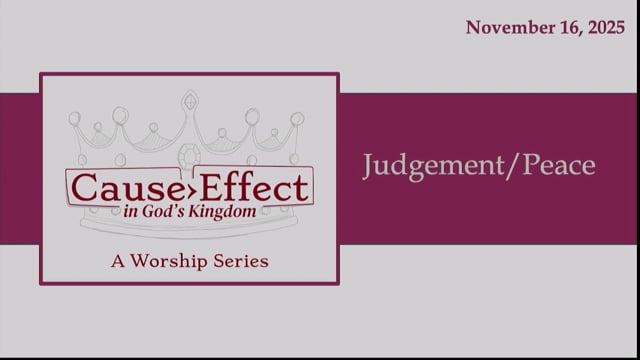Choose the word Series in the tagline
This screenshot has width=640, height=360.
click(x=241, y=262)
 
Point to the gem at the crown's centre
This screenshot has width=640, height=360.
click(x=189, y=155)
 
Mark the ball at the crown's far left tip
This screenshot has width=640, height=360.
click(x=74, y=118)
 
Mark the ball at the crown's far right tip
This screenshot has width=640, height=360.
click(x=297, y=118)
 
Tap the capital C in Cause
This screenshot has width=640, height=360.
click(x=80, y=187)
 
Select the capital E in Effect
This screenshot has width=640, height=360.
click(x=216, y=187)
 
